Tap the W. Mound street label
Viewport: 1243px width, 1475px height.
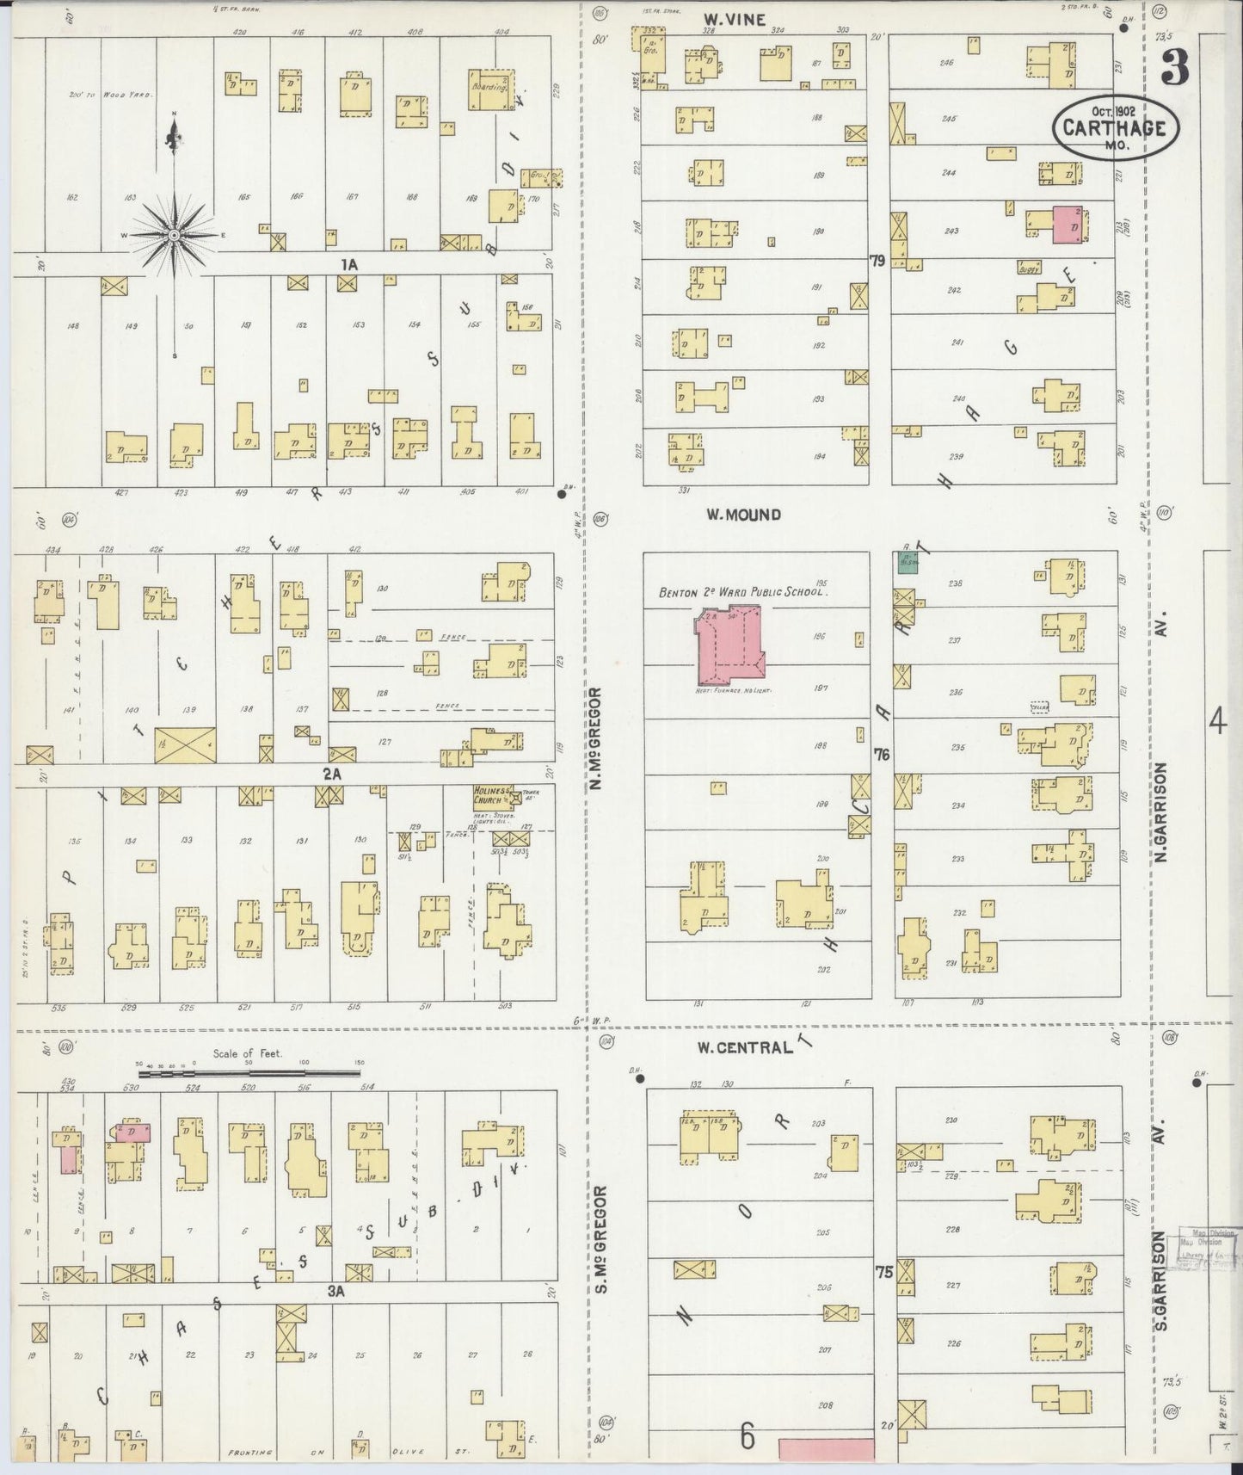743,515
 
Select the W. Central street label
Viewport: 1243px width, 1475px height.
744,1047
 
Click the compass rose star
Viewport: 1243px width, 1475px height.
175,234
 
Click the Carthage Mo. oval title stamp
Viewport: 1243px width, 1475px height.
1115,127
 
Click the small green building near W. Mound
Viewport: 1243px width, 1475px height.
907,563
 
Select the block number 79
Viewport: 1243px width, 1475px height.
877,261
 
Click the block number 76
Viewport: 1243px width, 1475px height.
881,754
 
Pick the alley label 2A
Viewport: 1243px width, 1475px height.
332,774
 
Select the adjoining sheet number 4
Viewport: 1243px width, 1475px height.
1216,721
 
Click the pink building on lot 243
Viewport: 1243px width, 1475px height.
1068,223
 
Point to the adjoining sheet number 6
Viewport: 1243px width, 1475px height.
746,1435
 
